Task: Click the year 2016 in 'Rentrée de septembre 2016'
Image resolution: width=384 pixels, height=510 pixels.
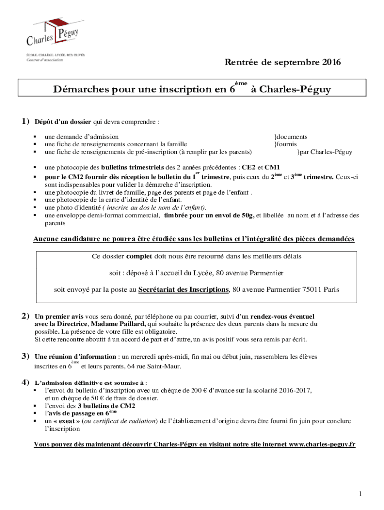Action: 331,63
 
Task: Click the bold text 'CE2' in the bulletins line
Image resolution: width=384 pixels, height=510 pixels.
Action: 248,168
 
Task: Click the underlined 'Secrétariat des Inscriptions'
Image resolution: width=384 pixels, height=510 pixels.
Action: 184,289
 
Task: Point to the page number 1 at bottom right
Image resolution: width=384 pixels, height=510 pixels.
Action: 359,494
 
